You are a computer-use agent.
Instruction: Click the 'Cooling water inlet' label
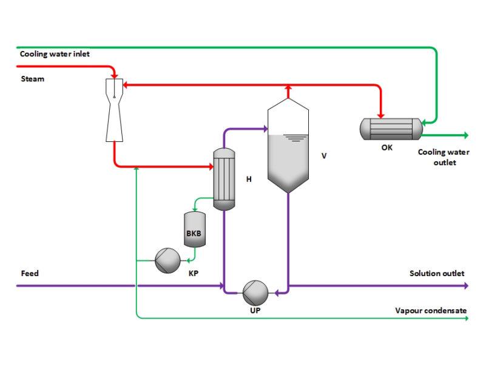[x=55, y=54]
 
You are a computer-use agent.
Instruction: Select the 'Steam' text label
[x=32, y=79]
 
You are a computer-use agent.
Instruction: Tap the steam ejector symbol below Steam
[x=114, y=109]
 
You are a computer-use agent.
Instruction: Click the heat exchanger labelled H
[x=224, y=179]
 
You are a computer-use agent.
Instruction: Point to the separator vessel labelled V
[x=288, y=149]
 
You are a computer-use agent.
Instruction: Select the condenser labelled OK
[x=391, y=128]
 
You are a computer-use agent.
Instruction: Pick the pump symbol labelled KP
[x=167, y=261]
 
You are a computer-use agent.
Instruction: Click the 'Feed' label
[x=29, y=274]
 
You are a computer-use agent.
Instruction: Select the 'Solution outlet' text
[x=437, y=274]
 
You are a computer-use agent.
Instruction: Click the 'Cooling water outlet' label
[x=443, y=157]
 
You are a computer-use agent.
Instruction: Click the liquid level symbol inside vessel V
[x=295, y=138]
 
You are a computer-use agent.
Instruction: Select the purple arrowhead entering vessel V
[x=264, y=128]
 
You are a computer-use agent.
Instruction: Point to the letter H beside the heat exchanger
[x=249, y=179]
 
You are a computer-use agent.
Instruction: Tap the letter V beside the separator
[x=324, y=156]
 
